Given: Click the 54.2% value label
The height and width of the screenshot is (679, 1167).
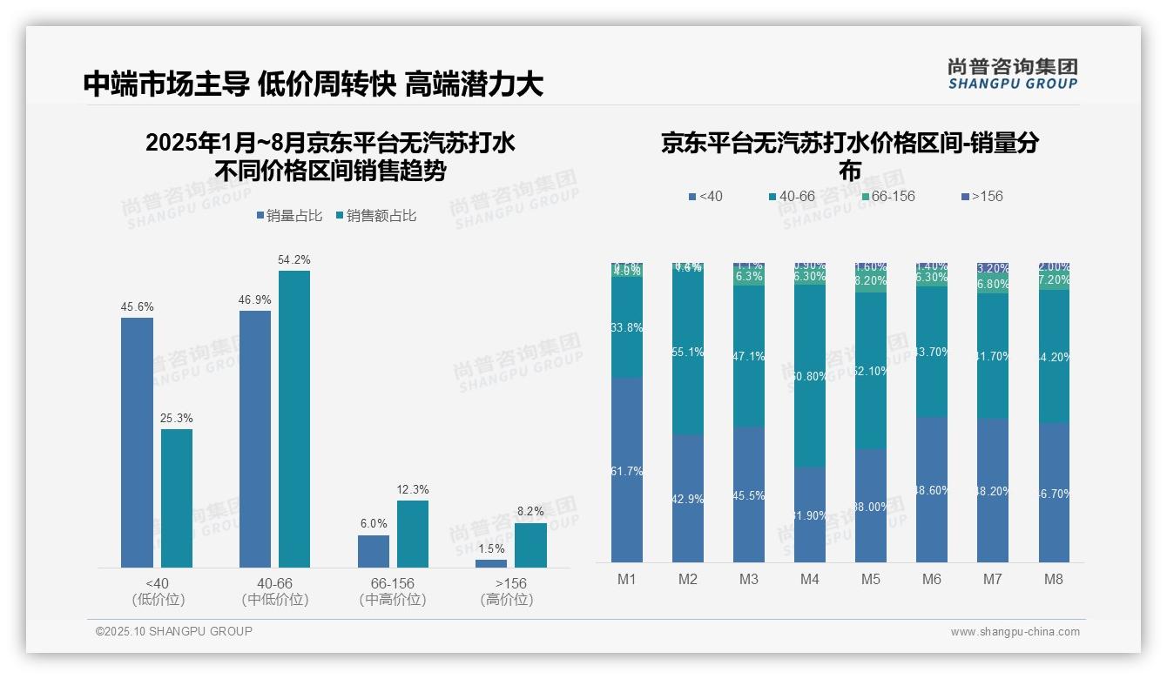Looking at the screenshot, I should click(293, 259).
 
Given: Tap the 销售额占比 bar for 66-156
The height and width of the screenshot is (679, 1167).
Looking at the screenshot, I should click(413, 534).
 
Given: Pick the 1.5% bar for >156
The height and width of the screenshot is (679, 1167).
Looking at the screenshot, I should click(491, 563).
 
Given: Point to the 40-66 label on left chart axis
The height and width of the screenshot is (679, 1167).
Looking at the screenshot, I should click(274, 582).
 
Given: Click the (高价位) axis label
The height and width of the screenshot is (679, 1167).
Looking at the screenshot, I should click(506, 599).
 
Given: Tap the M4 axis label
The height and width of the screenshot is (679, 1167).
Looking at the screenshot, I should click(809, 579).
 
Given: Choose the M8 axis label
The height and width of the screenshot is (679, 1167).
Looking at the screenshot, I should click(1053, 579).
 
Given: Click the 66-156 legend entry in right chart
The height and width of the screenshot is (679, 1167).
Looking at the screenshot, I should click(888, 196).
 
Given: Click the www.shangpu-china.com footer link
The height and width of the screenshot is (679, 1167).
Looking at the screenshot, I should click(1015, 632).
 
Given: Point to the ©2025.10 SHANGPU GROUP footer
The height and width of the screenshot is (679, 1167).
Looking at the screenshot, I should click(174, 631).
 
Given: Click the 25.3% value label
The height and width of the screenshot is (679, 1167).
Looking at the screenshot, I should click(176, 418).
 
